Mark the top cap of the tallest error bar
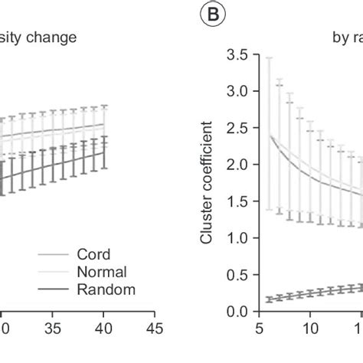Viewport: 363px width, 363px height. tap(268, 56)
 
